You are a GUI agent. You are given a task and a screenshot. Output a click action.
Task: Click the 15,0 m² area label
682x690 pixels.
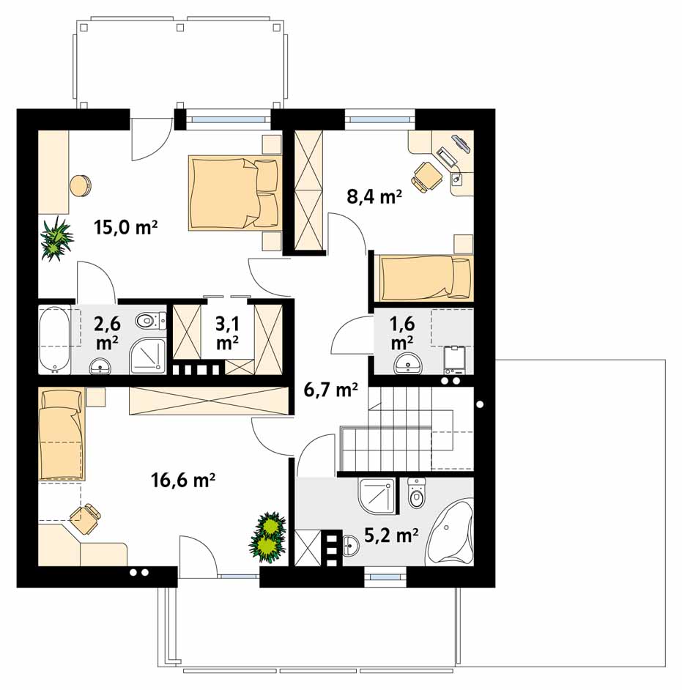tap(125, 227)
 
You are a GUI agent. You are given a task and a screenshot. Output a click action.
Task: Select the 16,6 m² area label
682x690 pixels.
tap(182, 480)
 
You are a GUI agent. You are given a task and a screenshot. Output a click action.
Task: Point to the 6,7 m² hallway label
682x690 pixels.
tap(330, 389)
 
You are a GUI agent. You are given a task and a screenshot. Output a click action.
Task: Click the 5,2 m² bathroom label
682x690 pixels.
tap(391, 535)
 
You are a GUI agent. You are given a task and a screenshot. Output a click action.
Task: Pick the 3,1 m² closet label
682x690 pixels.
tap(228, 333)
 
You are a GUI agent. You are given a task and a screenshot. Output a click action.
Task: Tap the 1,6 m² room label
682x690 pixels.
tap(402, 333)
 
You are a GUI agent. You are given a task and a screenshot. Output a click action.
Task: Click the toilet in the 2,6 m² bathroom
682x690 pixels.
tap(150, 321)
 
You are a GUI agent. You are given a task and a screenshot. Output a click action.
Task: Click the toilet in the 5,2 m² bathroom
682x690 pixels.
tap(416, 493)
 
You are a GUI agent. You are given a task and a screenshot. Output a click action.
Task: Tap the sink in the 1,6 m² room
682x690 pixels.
tap(408, 363)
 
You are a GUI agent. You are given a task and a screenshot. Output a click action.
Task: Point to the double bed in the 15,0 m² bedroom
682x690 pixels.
tap(234, 193)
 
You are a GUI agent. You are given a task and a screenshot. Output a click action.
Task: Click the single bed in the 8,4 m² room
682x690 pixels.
tap(426, 278)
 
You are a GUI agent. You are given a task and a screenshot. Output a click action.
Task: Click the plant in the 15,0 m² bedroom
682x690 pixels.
tap(56, 237)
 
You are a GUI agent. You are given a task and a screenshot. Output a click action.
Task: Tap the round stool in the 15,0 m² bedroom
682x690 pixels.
tap(80, 186)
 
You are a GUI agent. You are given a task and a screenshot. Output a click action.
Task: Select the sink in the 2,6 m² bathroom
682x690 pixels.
tap(101, 366)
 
